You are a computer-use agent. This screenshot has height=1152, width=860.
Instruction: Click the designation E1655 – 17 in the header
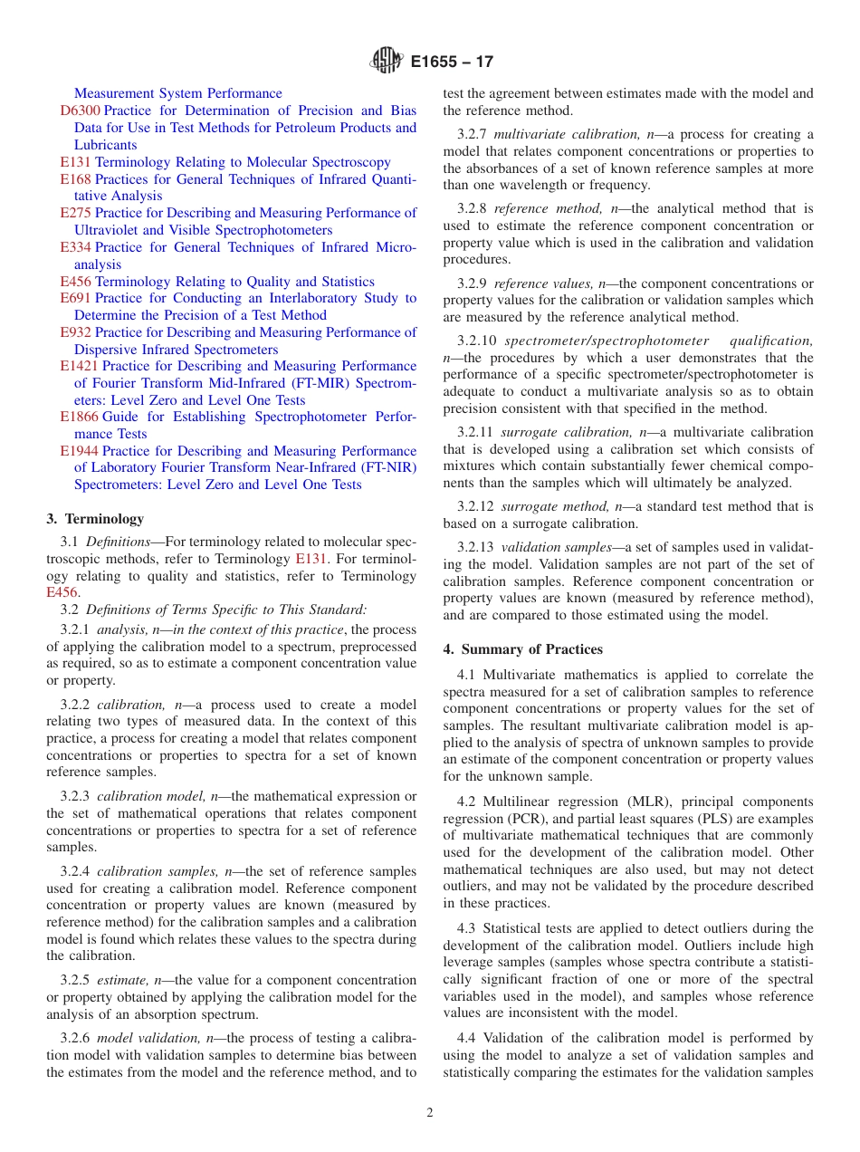click(x=452, y=62)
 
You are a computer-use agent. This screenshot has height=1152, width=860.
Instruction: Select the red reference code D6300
click(x=80, y=110)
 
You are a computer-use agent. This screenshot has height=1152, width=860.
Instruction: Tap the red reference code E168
click(x=75, y=179)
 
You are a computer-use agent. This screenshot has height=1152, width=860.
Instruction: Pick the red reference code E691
click(x=75, y=298)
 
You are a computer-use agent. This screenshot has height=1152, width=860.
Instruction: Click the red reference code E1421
click(x=79, y=366)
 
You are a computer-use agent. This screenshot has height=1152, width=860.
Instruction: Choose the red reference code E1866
click(x=79, y=417)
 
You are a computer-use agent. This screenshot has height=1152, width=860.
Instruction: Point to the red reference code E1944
click(x=79, y=451)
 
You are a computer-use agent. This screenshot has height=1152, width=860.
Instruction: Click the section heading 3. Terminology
click(x=95, y=519)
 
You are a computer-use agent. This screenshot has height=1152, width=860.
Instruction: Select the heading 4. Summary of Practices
click(x=522, y=649)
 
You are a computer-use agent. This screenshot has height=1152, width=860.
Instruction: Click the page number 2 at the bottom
click(x=430, y=1113)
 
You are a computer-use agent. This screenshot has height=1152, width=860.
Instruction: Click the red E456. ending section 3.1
click(x=62, y=593)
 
